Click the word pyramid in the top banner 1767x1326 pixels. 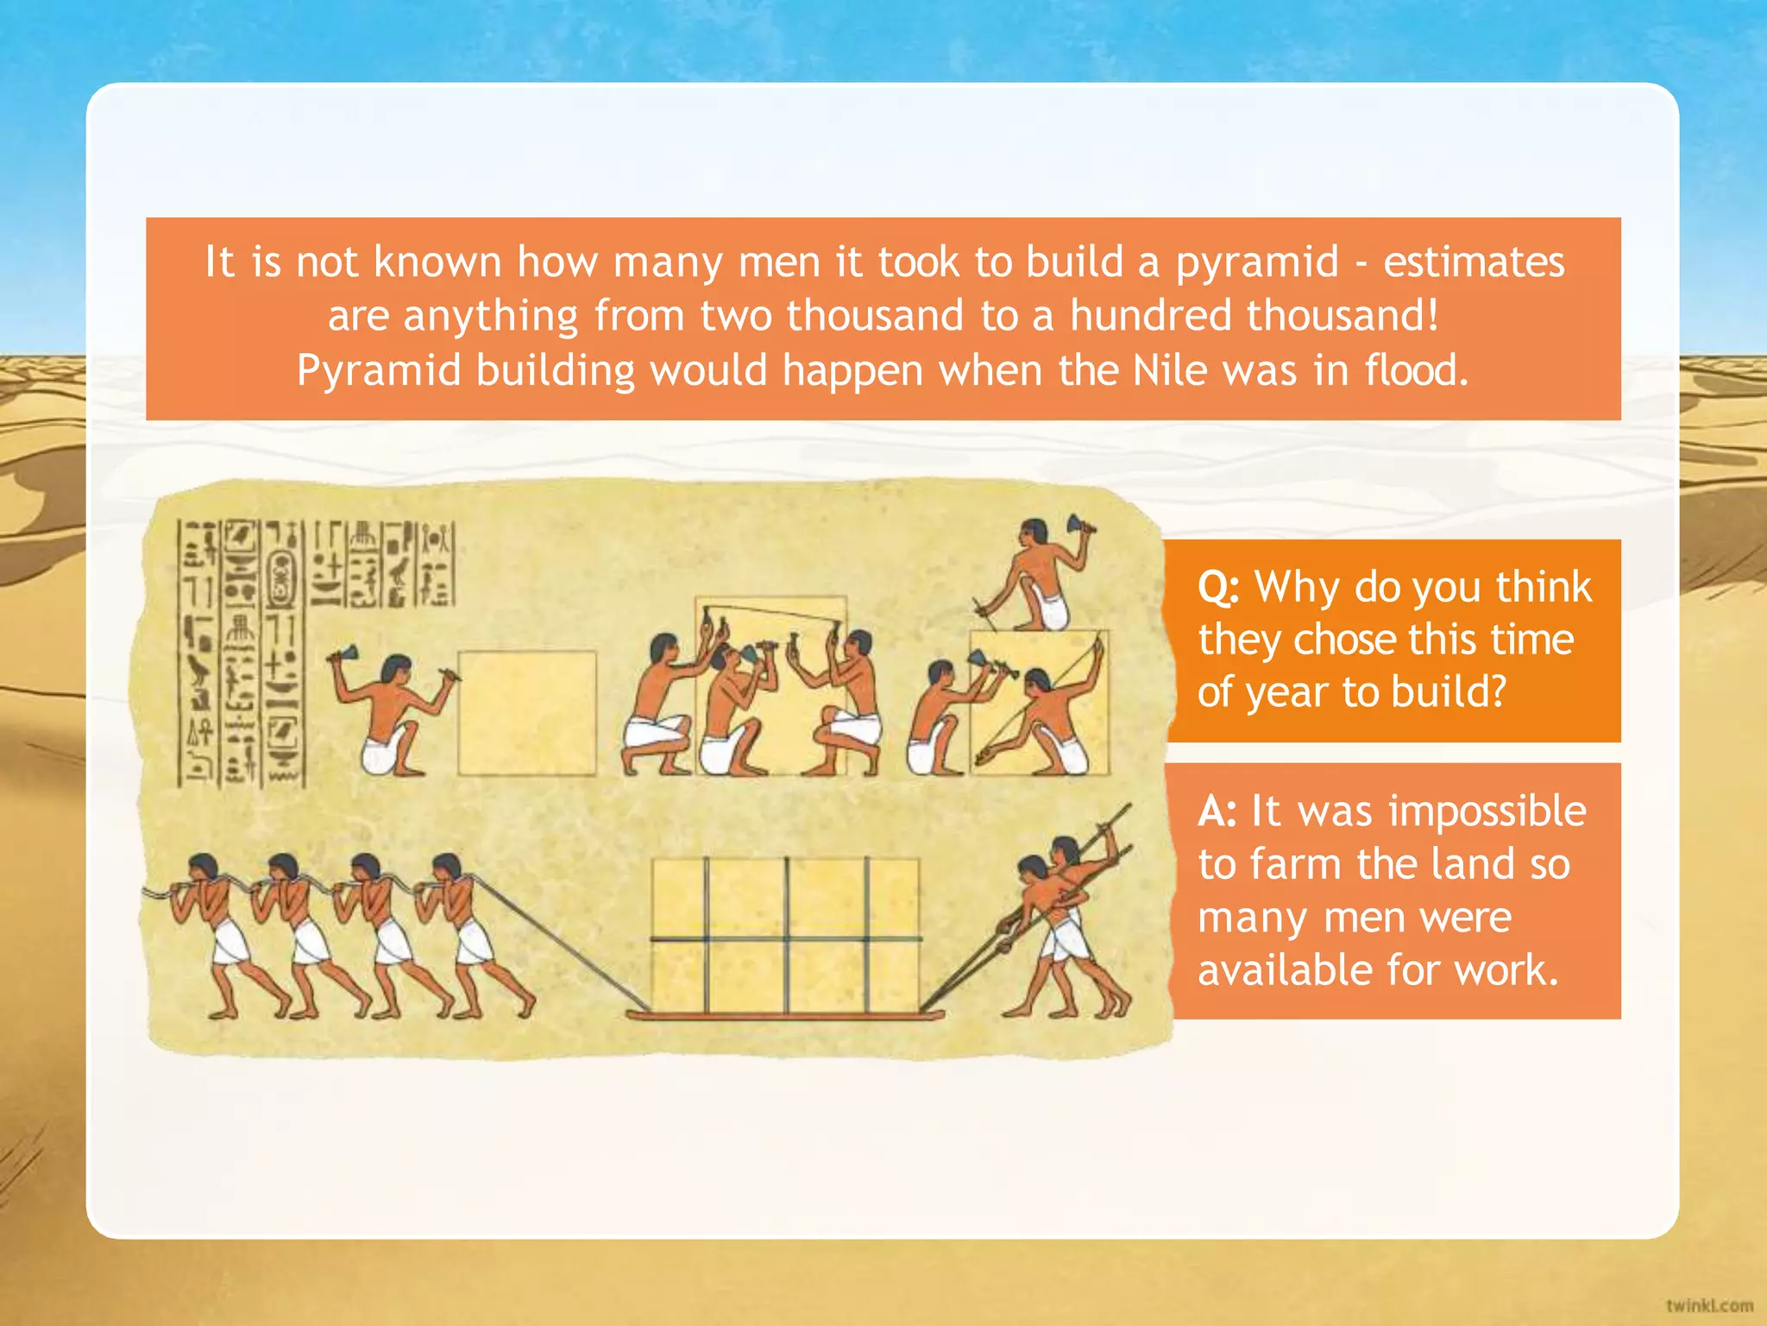pyautogui.click(x=1257, y=262)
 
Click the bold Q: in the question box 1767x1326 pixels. pyautogui.click(x=1218, y=588)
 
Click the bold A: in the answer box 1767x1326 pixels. pyautogui.click(x=1217, y=811)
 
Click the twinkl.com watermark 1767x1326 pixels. pyautogui.click(x=1708, y=1305)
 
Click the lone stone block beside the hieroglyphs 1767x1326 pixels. pyautogui.click(x=526, y=713)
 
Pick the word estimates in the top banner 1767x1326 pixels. pyautogui.click(x=1474, y=262)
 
